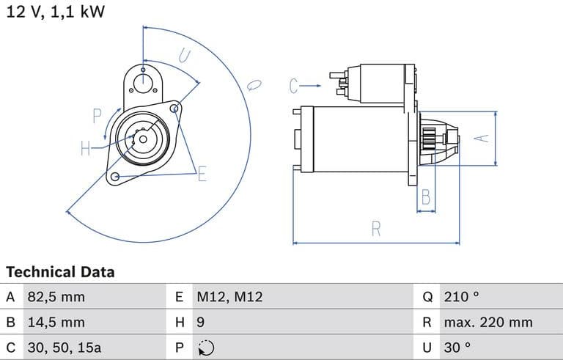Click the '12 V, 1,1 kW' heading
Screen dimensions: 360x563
(x=56, y=12)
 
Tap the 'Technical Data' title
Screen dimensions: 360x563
(x=60, y=272)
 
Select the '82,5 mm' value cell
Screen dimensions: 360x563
(x=56, y=297)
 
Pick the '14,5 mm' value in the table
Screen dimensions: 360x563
(x=56, y=322)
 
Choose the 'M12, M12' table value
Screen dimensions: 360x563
(x=229, y=297)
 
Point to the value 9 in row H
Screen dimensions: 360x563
(x=200, y=322)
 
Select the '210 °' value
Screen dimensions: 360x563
(x=461, y=297)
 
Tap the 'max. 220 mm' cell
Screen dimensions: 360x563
(x=488, y=322)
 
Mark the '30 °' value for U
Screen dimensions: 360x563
(x=457, y=347)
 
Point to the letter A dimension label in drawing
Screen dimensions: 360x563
(x=482, y=138)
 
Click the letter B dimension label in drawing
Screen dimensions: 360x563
(x=426, y=196)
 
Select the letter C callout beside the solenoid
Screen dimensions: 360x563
(x=294, y=87)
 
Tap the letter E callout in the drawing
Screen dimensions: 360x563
(x=202, y=174)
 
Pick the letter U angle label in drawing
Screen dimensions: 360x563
(x=184, y=56)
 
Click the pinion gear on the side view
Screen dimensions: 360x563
(x=429, y=139)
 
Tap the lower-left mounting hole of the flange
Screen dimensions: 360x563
(x=114, y=177)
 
